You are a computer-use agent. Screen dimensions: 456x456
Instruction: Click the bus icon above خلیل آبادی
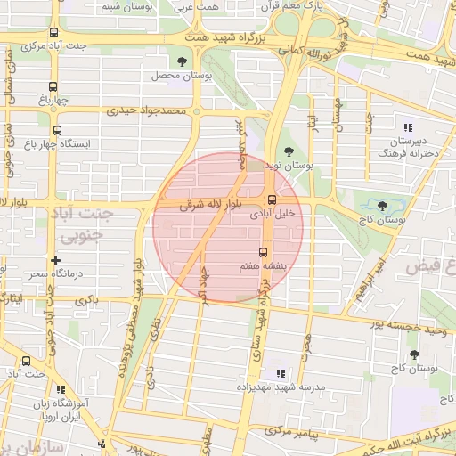pos(272,199)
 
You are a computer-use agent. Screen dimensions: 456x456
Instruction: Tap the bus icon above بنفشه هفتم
pos(263,252)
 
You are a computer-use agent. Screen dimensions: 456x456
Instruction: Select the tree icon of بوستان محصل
pos(182,61)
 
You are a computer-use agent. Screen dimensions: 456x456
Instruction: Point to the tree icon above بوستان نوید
pos(287,151)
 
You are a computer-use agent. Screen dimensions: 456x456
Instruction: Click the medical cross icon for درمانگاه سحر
pos(56,260)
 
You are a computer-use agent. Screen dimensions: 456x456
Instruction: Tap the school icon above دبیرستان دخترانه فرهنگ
pos(407,127)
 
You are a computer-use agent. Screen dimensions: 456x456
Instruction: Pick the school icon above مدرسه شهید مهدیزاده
pos(280,373)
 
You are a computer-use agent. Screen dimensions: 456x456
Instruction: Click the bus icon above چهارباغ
pos(53,87)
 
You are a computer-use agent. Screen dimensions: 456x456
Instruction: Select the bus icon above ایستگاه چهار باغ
pos(57,130)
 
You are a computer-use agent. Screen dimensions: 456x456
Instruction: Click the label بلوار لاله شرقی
pos(198,204)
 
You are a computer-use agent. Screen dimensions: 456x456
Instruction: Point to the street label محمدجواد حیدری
pos(149,112)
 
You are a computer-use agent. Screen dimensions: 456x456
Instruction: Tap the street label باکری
pos(87,300)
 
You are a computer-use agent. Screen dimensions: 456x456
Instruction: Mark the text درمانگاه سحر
pos(55,274)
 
